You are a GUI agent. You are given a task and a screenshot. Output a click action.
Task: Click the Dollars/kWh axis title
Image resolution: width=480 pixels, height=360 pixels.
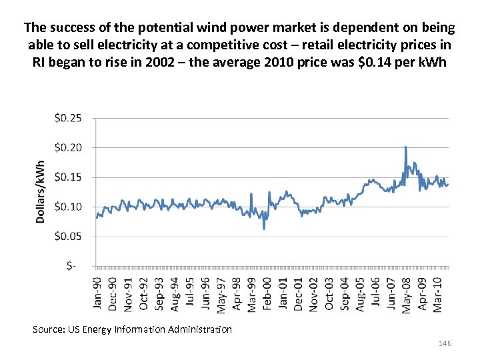41,191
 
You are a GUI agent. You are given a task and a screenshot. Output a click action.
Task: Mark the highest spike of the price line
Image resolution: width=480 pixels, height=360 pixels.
405,147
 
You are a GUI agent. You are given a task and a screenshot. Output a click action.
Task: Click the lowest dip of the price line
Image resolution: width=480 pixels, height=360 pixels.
264,229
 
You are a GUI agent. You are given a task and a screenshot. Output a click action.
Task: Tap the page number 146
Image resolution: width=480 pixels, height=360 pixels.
445,343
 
